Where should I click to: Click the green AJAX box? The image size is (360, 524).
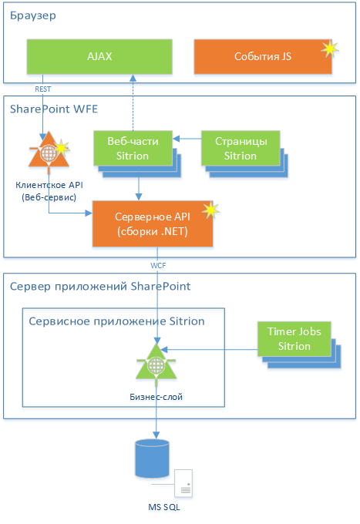[99, 56]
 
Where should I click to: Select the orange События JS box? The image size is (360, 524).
[263, 56]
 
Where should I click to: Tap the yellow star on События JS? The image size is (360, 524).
[330, 49]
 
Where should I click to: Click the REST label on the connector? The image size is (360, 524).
[43, 89]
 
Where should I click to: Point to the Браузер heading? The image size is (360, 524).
[32, 15]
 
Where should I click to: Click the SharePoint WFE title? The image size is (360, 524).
[54, 109]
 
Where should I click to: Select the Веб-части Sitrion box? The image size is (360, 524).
[133, 149]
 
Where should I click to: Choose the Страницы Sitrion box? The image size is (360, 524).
[241, 149]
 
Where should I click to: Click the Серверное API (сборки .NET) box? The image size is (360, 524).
[153, 224]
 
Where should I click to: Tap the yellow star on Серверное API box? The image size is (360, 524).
[210, 210]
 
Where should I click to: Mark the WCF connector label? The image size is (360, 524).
[158, 266]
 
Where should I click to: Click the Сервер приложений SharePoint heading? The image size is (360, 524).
[100, 287]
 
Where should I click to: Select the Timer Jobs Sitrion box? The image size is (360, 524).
[294, 339]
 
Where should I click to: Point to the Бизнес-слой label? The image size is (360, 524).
[156, 397]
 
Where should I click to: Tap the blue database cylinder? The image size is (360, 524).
[152, 458]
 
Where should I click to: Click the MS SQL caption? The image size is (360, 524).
[163, 507]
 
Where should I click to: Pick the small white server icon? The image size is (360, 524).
[183, 483]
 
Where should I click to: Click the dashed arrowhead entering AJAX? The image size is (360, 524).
[133, 78]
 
